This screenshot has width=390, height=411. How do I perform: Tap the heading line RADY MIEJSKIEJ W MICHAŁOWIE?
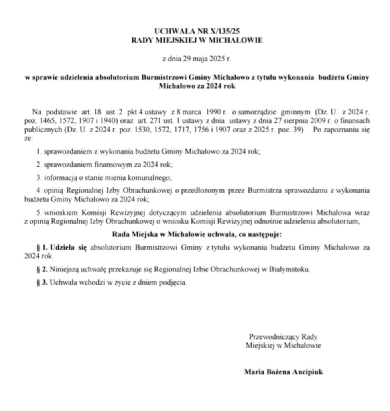[197, 40]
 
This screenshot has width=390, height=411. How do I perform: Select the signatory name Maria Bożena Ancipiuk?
[283, 372]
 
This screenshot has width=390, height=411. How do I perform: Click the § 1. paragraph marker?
[42, 248]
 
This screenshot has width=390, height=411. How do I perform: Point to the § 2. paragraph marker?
[42, 269]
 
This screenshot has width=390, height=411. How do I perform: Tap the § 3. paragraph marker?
[42, 283]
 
